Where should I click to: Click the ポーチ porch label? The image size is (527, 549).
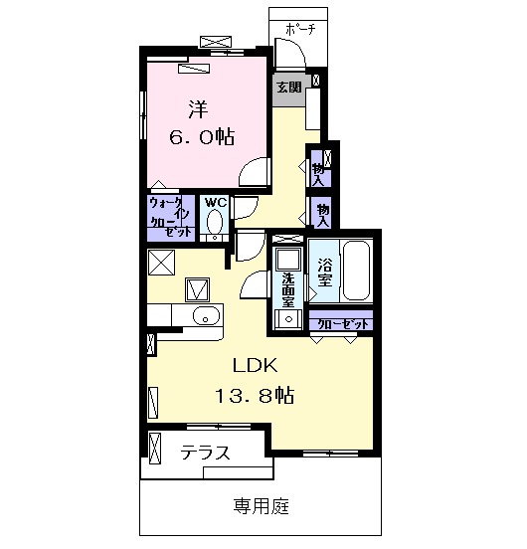click(x=299, y=29)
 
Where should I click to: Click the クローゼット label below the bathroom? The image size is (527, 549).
click(x=341, y=323)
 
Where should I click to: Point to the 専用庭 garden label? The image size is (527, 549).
click(x=262, y=506)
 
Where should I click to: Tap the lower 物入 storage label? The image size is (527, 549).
click(x=322, y=212)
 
